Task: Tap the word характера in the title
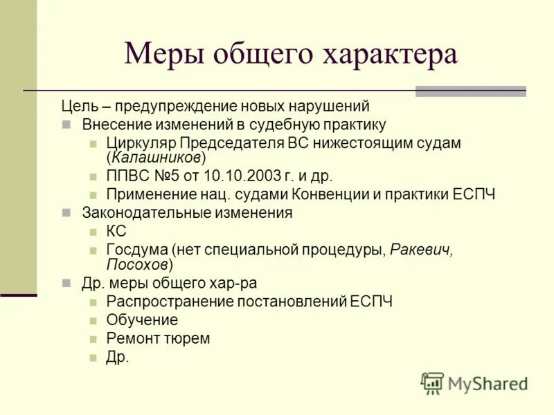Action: (390, 54)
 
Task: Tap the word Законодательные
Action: (139, 212)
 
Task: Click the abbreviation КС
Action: (116, 231)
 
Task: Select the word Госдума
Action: (137, 249)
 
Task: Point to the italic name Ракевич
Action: (422, 249)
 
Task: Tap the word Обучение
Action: (142, 320)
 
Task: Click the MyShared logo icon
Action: (432, 382)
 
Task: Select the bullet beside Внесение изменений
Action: (66, 125)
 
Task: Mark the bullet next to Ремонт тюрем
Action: (92, 339)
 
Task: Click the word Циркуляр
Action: (141, 143)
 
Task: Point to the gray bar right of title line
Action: (470, 91)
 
